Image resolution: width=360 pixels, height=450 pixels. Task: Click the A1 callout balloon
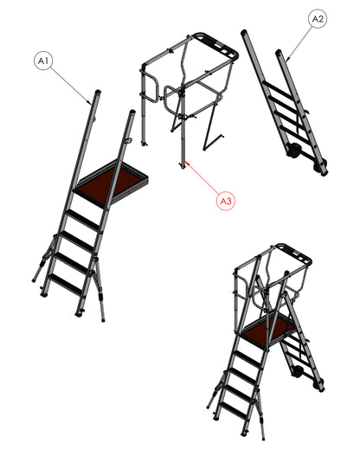click(x=43, y=61)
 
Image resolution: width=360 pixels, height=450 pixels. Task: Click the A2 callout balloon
click(x=318, y=19)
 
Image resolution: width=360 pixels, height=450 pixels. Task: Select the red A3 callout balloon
click(x=226, y=201)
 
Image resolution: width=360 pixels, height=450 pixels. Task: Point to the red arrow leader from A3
click(x=202, y=177)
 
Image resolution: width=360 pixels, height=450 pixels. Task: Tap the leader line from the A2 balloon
click(x=299, y=43)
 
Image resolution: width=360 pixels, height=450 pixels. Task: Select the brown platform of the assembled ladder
click(x=268, y=327)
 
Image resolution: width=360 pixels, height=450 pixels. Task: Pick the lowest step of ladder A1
click(x=64, y=284)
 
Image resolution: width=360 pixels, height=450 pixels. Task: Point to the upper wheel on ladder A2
click(x=293, y=151)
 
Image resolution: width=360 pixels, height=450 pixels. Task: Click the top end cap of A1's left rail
click(x=98, y=92)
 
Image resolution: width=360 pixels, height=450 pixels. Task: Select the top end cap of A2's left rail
click(x=244, y=31)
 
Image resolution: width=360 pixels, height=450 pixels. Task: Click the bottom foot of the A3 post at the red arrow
click(x=183, y=166)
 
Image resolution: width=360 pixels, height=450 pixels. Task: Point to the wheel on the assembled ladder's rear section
click(x=297, y=371)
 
